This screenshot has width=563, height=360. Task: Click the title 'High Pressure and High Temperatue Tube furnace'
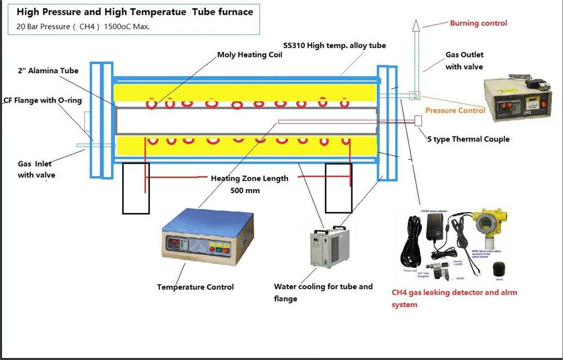[x=135, y=12]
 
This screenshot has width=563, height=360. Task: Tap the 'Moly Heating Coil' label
[x=251, y=55]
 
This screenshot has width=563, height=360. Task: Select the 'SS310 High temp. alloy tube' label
[x=334, y=45]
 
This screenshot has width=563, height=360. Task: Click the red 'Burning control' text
[x=478, y=23]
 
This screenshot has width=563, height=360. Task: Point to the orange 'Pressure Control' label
[x=454, y=110]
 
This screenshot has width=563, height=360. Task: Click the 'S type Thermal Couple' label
[x=468, y=139]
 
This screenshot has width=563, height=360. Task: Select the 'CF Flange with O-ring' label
[x=43, y=101]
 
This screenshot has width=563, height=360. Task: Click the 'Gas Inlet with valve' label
[x=37, y=169]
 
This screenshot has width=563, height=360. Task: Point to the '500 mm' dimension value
[x=245, y=190]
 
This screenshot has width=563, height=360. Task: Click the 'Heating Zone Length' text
[x=249, y=178]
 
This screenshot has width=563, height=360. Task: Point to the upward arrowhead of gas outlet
[x=415, y=24]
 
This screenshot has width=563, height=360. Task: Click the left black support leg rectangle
[x=136, y=188]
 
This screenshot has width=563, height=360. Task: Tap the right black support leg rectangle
[x=338, y=188]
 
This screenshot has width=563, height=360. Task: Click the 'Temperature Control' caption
[x=195, y=287]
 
